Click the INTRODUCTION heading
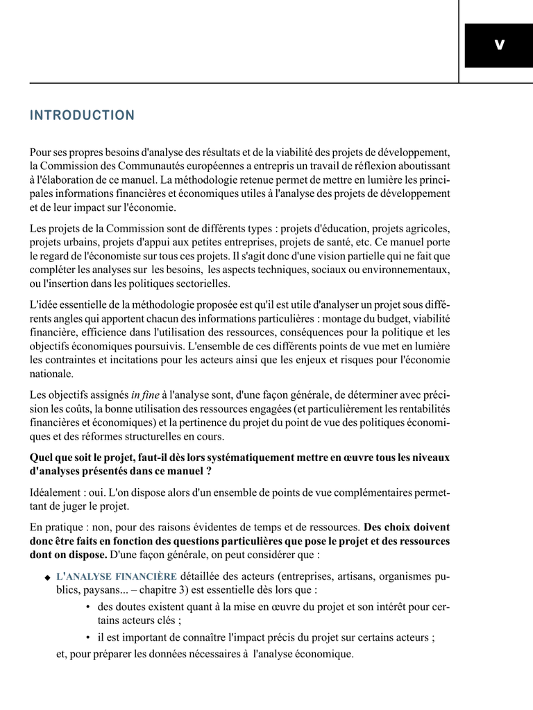(82, 116)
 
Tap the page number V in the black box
(498, 45)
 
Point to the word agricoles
(424, 228)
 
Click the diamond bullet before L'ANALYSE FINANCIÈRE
(47, 578)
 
